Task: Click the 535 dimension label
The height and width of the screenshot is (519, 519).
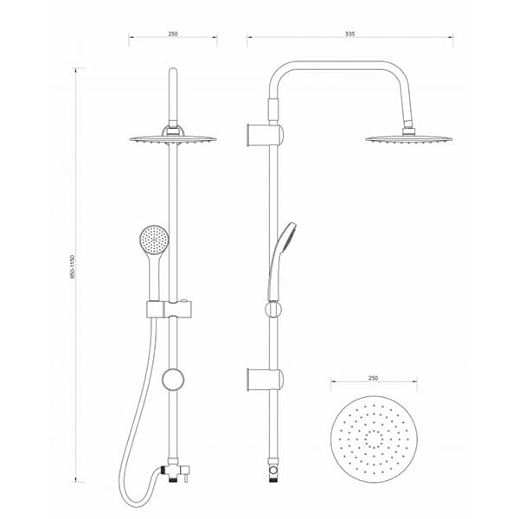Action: tap(349, 34)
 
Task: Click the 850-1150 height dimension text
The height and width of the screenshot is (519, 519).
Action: tap(73, 266)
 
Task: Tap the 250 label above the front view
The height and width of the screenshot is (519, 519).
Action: tap(173, 34)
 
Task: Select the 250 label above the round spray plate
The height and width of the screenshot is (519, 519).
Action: tap(373, 378)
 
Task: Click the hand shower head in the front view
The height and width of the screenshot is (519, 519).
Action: tap(154, 239)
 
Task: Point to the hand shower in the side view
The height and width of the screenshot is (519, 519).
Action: tap(281, 261)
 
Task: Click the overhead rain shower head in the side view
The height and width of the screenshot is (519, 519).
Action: tap(409, 138)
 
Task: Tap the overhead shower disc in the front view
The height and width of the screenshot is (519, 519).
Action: tap(173, 139)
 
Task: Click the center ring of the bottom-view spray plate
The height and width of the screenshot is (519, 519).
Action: tap(374, 439)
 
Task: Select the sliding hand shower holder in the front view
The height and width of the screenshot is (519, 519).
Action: tap(170, 309)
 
